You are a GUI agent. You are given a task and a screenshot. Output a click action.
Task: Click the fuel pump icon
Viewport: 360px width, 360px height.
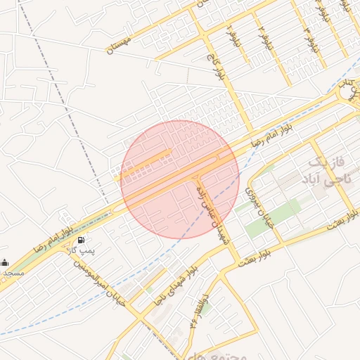[75, 240]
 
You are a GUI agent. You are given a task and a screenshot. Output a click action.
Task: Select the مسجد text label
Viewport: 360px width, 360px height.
[12, 271]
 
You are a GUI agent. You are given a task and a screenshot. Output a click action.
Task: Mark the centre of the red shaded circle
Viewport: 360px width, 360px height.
[180, 179]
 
